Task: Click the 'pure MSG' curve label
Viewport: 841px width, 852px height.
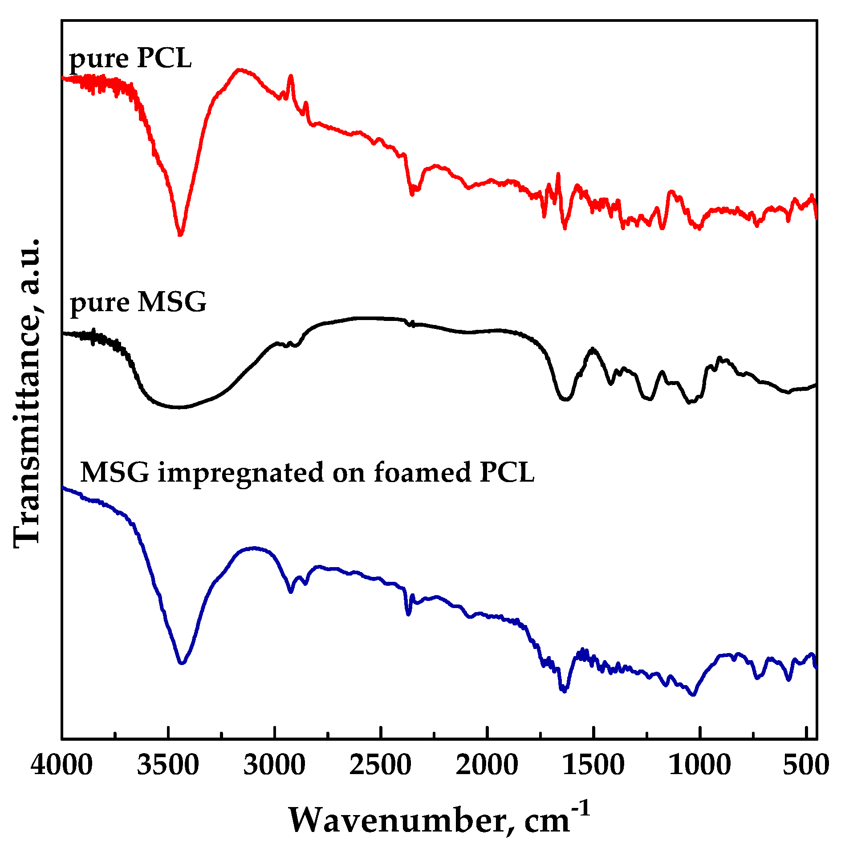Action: pos(138,302)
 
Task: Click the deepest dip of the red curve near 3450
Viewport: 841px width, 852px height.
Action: pos(180,234)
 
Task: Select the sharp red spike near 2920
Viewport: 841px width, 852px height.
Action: pos(291,77)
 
